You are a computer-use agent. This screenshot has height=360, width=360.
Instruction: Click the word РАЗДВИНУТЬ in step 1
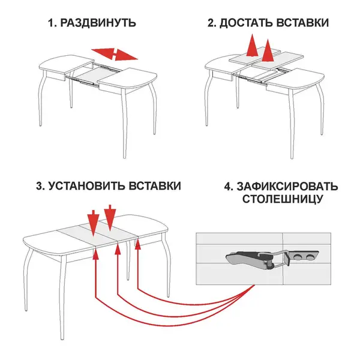click(98, 23)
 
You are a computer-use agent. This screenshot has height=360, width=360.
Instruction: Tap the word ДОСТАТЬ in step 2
click(246, 23)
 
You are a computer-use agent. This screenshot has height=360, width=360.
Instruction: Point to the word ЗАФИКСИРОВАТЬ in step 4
click(287, 187)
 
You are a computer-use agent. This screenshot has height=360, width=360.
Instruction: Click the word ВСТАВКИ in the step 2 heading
click(302, 23)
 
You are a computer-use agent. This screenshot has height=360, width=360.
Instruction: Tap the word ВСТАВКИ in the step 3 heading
click(155, 186)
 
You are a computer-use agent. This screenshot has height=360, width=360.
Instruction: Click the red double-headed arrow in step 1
click(115, 55)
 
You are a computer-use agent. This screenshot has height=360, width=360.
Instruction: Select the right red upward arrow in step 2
click(268, 50)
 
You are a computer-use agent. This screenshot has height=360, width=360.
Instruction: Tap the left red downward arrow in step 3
click(93, 223)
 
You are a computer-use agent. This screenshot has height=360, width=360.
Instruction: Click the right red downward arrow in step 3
click(110, 218)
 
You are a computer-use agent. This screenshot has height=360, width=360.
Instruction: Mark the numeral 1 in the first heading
click(51, 23)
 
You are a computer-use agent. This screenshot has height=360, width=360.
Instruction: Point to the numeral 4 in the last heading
click(229, 187)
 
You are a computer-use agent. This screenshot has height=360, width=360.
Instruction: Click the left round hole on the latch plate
click(297, 256)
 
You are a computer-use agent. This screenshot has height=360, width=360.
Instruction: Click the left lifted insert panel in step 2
click(255, 55)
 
